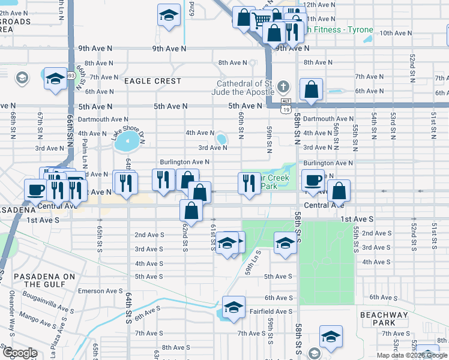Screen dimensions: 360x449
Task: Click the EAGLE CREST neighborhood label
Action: click(x=152, y=81)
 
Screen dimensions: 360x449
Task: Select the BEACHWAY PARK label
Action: click(x=384, y=319)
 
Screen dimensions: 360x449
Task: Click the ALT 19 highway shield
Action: click(x=287, y=107)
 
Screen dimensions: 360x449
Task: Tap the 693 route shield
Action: click(x=70, y=76)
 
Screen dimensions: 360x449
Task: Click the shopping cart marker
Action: click(x=261, y=19)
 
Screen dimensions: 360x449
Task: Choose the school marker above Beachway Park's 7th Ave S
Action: click(x=330, y=337)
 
